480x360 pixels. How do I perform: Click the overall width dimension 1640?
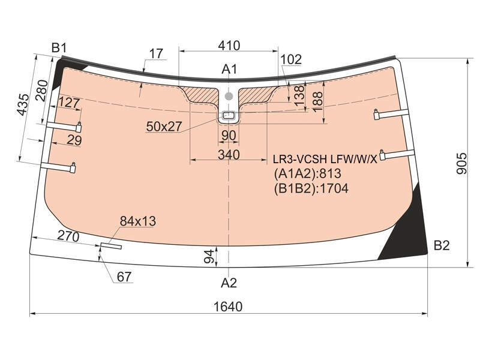pyautogui.click(x=228, y=306)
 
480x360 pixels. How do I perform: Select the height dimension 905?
pyautogui.click(x=461, y=163)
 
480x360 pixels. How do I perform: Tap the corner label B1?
pyautogui.click(x=59, y=48)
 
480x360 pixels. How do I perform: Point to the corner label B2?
pyautogui.click(x=442, y=245)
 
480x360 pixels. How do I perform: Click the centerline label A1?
pyautogui.click(x=229, y=69)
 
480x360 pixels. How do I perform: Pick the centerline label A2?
pyautogui.click(x=229, y=283)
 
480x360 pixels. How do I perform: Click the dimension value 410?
pyautogui.click(x=229, y=46)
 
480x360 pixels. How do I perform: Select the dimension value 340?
pyautogui.click(x=229, y=155)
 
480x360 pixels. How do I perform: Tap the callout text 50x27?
pyautogui.click(x=164, y=126)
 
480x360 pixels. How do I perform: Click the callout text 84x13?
pyautogui.click(x=138, y=221)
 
